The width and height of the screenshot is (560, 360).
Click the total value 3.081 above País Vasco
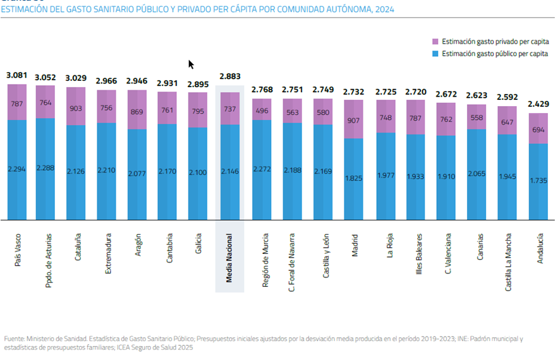pos(17,76)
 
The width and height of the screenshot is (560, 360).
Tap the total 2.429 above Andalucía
pos(538,104)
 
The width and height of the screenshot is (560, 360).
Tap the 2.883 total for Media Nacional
pos(229,76)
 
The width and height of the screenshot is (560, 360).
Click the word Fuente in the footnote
pos(16,338)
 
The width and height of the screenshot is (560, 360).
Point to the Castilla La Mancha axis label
pos(508,258)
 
